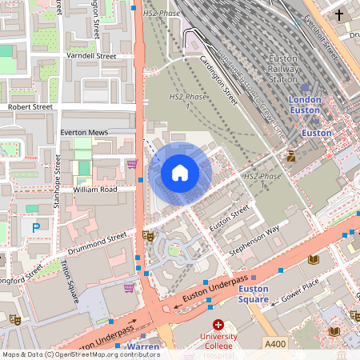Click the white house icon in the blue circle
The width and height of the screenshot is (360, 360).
click(180, 173)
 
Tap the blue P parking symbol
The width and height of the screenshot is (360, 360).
click(35, 228)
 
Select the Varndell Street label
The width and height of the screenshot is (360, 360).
click(91, 56)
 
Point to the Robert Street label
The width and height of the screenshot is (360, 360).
click(30, 106)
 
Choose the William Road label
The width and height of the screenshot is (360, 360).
click(95, 190)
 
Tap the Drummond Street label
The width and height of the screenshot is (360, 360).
click(98, 239)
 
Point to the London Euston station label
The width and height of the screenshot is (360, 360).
click(304, 105)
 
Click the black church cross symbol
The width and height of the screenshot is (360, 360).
click(339, 15)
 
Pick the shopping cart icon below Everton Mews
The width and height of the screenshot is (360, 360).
click(132, 163)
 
